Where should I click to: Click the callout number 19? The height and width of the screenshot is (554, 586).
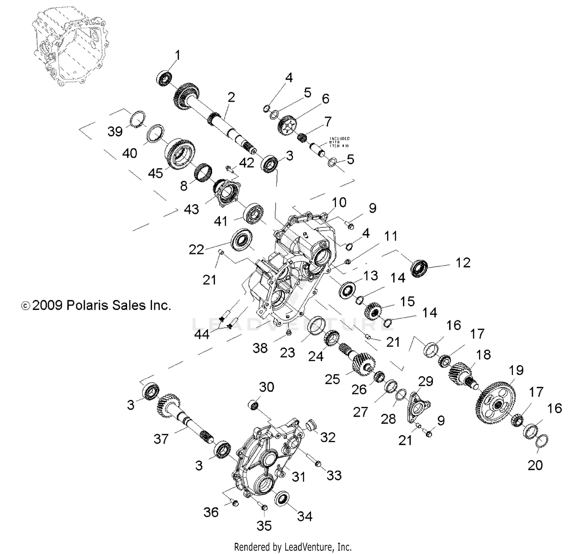[x=516, y=370]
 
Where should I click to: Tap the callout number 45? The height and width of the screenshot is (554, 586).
[x=155, y=173]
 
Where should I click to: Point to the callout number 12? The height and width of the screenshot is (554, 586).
[x=463, y=263]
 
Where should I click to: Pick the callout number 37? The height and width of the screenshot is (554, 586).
[x=161, y=439]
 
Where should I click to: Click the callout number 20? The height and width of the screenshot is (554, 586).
[x=535, y=465]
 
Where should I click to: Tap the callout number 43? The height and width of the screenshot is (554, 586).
[x=191, y=209]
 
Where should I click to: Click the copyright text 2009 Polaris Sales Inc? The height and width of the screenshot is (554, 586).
[x=96, y=305]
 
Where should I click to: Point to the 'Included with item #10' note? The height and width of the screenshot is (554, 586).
[x=339, y=142]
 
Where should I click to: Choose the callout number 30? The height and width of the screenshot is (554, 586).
[x=267, y=387]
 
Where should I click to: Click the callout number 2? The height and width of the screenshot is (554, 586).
[x=231, y=97]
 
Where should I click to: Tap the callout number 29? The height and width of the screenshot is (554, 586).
[x=425, y=381]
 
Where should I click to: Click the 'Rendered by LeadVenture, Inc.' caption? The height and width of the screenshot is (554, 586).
[x=293, y=547]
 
